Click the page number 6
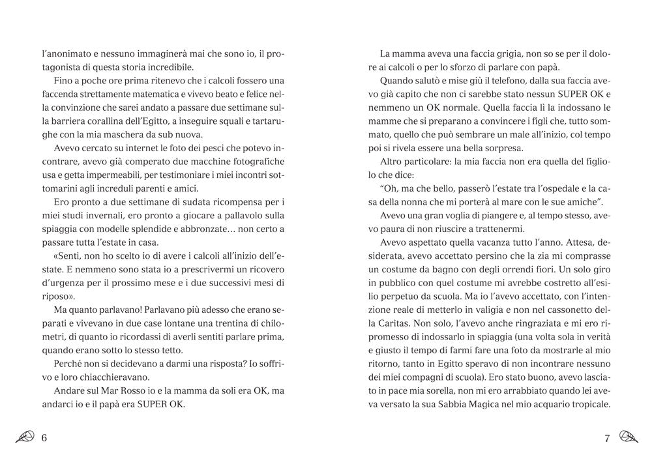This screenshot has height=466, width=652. coord(44,437)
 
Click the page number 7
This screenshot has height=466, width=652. coord(607,437)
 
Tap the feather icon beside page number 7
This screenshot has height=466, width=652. coord(627,437)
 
